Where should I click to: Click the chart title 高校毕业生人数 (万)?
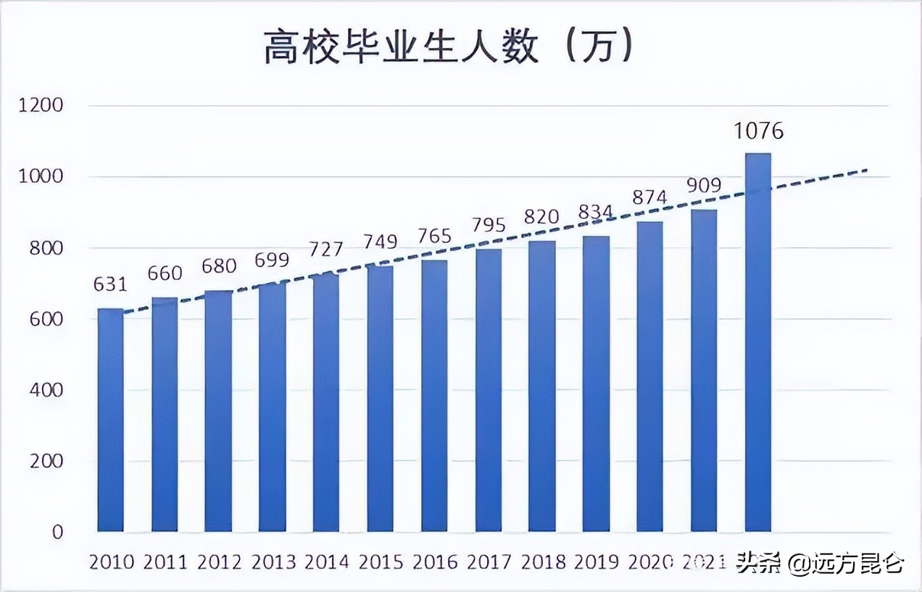tap(449, 48)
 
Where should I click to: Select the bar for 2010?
tap(110, 421)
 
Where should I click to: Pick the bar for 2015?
tap(380, 399)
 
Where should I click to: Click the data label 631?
tap(110, 284)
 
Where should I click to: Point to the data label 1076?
tap(758, 131)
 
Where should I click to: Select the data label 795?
tap(488, 225)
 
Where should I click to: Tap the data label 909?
tap(704, 185)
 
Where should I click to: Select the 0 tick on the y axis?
tap(57, 532)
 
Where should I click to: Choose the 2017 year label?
tap(489, 562)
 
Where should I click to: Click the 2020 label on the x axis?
tap(650, 562)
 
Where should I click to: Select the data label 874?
tap(649, 197)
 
